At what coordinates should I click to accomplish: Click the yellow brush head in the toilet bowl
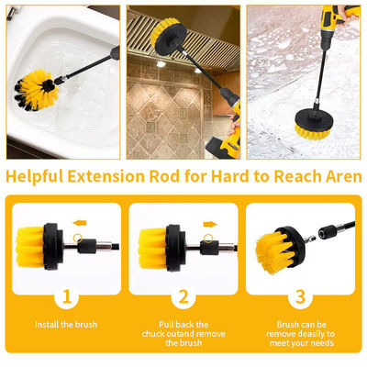click(36, 90)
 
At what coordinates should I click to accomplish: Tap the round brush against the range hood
click(168, 37)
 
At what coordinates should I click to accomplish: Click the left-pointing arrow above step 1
click(80, 223)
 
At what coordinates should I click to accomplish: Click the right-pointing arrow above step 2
click(210, 225)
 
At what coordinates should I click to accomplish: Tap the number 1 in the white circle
click(67, 296)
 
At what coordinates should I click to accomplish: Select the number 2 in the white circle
click(183, 296)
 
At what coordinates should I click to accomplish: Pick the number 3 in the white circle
click(300, 296)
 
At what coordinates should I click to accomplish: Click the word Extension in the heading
click(106, 176)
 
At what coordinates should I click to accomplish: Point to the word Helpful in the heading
click(35, 177)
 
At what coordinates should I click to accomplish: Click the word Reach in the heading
click(296, 176)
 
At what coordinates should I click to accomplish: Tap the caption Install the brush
click(66, 325)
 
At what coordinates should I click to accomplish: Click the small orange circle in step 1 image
click(78, 238)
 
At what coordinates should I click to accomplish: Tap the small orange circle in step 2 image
click(208, 238)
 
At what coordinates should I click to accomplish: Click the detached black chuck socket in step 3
click(327, 232)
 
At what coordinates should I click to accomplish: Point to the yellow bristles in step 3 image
click(274, 251)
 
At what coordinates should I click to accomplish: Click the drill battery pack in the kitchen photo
click(223, 148)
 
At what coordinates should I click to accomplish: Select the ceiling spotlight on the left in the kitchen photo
click(161, 64)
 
